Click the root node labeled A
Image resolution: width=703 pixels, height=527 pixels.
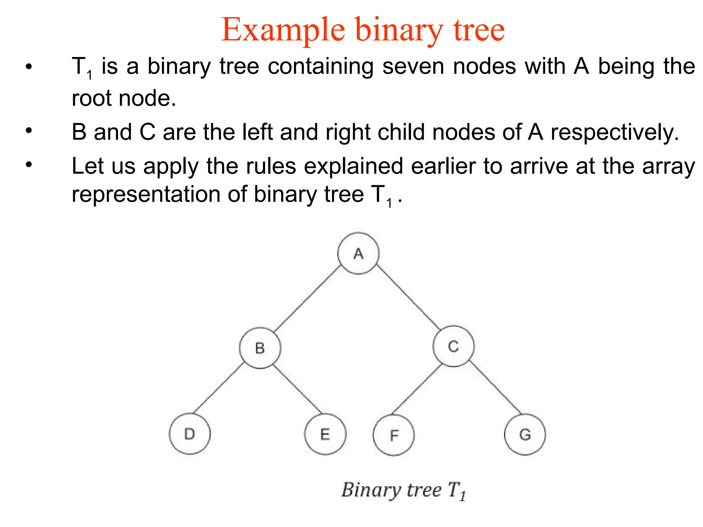point(358,253)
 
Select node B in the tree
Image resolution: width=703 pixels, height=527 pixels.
point(260,348)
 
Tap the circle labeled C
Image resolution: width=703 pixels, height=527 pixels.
point(453,346)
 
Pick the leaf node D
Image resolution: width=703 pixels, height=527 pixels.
point(189,434)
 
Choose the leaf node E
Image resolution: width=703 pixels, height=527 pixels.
point(325,434)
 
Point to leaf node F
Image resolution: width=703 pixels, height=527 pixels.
point(394,435)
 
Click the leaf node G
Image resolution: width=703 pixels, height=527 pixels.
point(525,434)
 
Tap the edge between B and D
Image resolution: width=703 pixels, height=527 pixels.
point(218,388)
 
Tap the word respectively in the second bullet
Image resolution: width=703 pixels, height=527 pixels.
point(614,132)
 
